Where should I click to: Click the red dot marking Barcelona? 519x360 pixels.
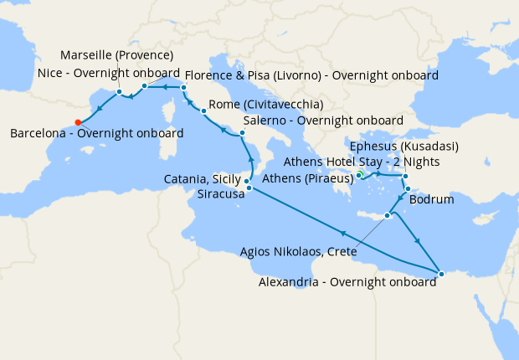point(78,121)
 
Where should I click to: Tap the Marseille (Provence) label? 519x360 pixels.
point(117,56)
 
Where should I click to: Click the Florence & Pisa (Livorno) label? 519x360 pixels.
point(311,75)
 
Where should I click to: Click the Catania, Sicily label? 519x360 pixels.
point(204,179)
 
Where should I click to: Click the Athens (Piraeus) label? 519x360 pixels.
point(309,179)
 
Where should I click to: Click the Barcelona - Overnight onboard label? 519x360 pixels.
point(97,134)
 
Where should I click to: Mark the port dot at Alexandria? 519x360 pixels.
point(441,273)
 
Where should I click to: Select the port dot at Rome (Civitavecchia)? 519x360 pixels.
point(203,111)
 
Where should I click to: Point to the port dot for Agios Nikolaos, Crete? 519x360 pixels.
point(387,216)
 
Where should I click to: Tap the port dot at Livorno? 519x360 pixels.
point(183,87)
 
